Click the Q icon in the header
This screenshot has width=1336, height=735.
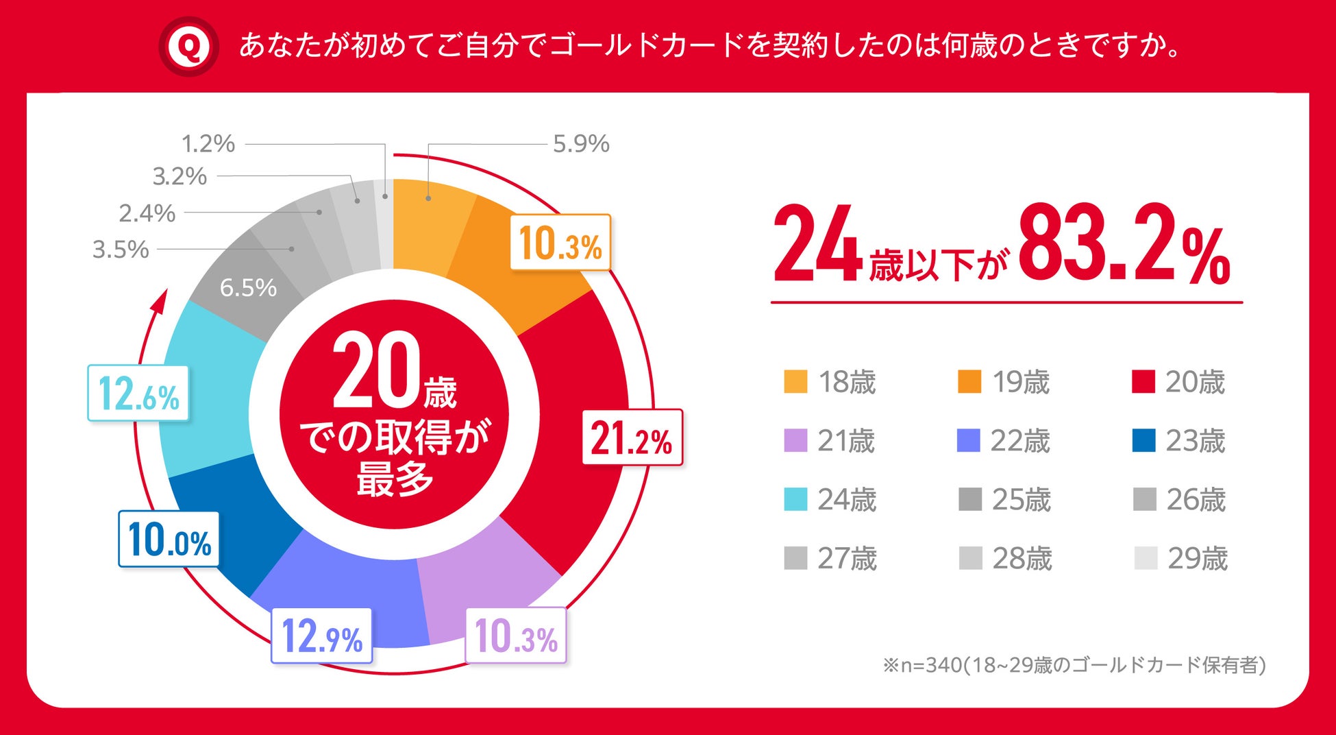(x=188, y=47)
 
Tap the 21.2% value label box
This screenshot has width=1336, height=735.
(x=632, y=437)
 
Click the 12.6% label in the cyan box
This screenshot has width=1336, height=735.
(x=138, y=394)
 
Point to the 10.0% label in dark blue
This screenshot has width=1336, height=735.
(x=169, y=540)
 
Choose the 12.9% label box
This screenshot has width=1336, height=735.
(x=322, y=636)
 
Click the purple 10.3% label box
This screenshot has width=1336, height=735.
(x=516, y=636)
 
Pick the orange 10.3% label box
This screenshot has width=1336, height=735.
(x=560, y=243)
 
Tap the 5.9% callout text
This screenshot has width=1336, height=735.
(x=581, y=144)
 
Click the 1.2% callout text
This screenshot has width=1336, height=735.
(x=208, y=144)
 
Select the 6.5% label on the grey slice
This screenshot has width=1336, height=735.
(x=248, y=287)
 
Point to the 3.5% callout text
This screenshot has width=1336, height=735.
(x=121, y=250)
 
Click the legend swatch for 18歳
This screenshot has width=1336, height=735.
(x=795, y=382)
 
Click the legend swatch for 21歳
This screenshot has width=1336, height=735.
(x=795, y=441)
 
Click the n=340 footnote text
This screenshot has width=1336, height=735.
(x=1074, y=665)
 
